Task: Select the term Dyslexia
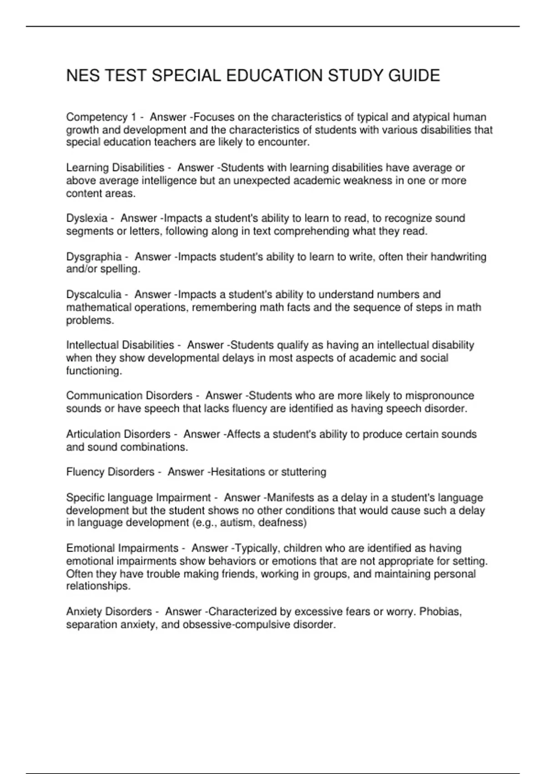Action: [87, 218]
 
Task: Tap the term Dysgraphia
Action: [94, 257]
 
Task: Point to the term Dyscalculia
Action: [94, 295]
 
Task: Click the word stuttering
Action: [303, 472]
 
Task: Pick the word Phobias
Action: [440, 611]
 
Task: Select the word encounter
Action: [283, 142]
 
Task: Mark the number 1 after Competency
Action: [133, 117]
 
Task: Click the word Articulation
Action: [93, 434]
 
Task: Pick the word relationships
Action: [97, 586]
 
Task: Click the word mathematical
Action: [99, 307]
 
